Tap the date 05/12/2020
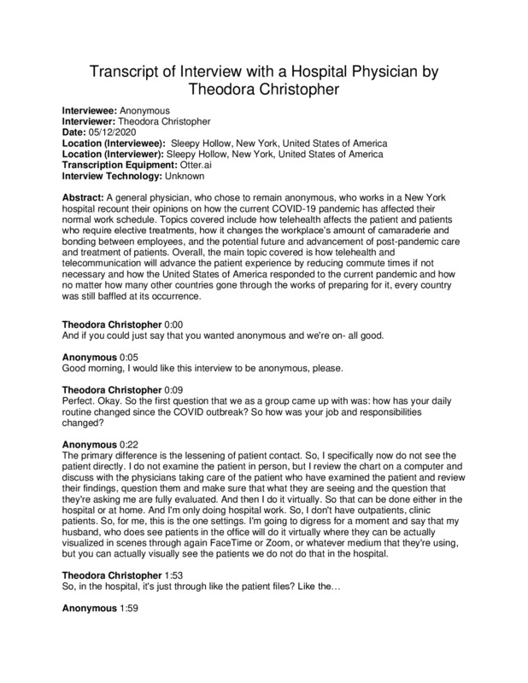tap(116, 132)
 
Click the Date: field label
tap(79, 132)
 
